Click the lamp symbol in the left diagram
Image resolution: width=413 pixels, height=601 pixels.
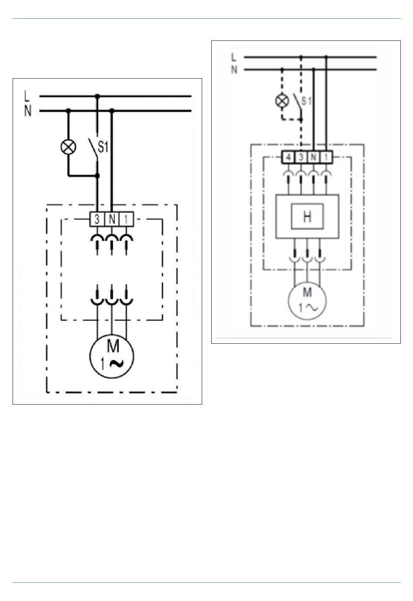click(68, 147)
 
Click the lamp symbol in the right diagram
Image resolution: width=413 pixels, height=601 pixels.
click(282, 101)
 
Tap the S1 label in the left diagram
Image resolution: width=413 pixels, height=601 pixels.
click(103, 148)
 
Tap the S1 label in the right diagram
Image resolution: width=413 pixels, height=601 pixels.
click(306, 101)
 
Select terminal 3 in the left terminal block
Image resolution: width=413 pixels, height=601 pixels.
click(97, 219)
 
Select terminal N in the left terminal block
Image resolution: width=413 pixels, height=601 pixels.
click(112, 219)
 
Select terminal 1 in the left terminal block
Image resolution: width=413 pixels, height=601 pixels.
click(126, 219)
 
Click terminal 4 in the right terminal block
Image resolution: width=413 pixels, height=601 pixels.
click(288, 157)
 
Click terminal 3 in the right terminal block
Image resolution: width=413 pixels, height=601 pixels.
click(301, 157)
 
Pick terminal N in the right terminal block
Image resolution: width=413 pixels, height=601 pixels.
click(313, 157)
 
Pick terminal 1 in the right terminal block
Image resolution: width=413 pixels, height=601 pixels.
click(326, 157)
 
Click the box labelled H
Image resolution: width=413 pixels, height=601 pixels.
click(307, 216)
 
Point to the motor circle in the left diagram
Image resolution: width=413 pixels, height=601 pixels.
click(112, 356)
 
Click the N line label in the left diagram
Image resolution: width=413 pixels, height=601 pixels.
click(28, 111)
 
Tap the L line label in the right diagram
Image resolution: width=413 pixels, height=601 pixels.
click(234, 57)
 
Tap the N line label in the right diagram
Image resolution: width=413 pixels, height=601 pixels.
click(234, 70)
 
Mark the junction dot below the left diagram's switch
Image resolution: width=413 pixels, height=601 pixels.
click(97, 176)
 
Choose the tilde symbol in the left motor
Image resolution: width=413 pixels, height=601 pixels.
click(116, 363)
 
